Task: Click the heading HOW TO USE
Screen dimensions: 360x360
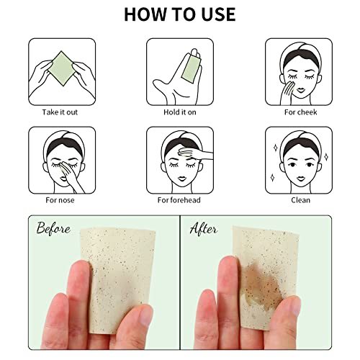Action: tap(180, 14)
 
